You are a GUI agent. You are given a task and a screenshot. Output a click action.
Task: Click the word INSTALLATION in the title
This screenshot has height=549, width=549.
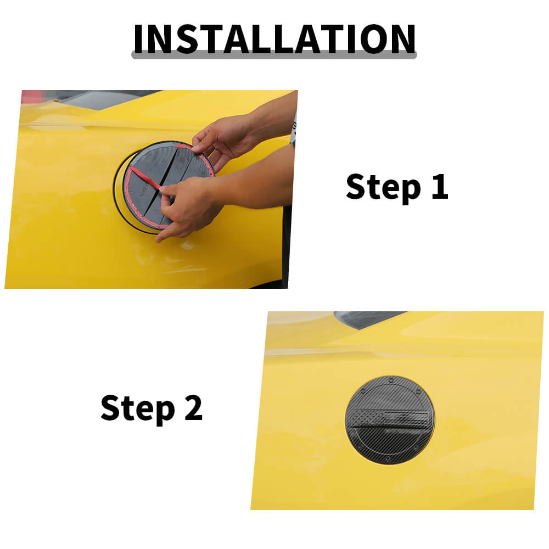[x=274, y=39]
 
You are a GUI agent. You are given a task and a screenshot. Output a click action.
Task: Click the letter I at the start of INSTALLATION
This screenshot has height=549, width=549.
[x=138, y=39]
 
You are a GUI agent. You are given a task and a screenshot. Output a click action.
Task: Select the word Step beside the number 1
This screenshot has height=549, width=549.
[x=383, y=187]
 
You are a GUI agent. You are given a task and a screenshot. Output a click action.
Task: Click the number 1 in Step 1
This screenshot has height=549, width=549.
[x=440, y=186]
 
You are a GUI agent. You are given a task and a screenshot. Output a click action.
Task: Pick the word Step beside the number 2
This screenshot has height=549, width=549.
[x=138, y=408]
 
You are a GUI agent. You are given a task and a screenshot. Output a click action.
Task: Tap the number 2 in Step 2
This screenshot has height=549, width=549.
[x=194, y=407]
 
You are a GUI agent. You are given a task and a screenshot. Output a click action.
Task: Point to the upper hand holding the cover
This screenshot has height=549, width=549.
[x=224, y=139]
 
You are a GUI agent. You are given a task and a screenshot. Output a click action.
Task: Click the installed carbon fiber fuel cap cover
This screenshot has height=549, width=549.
[x=390, y=420]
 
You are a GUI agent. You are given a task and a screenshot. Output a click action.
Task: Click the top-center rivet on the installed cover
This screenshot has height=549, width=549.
[x=391, y=380]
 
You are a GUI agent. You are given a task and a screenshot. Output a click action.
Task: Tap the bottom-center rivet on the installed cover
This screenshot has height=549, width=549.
[x=388, y=458]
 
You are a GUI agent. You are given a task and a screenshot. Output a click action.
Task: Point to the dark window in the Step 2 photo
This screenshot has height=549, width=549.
[x=368, y=318]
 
